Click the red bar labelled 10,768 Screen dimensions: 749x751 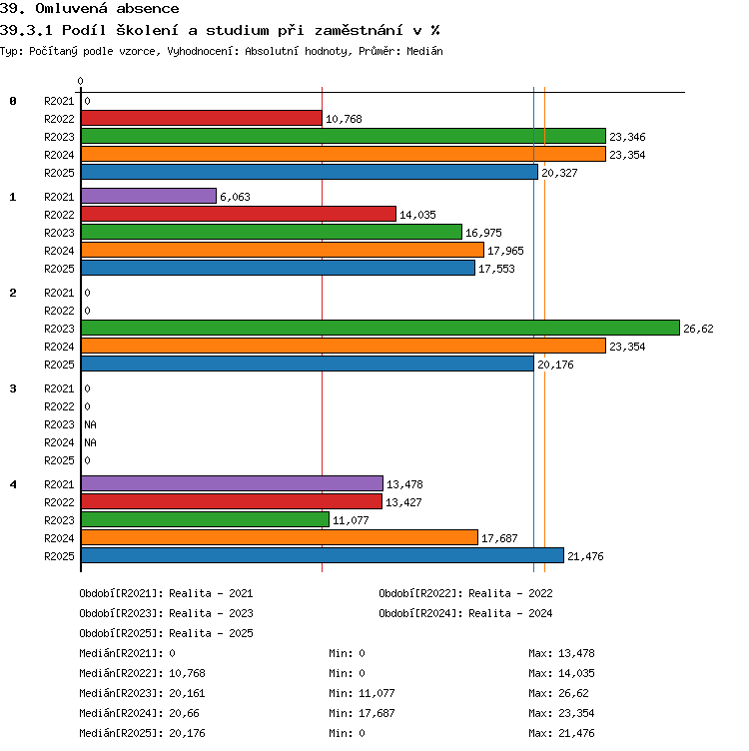click(x=202, y=118)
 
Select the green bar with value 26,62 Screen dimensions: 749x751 click(x=380, y=329)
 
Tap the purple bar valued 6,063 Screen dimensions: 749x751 click(x=149, y=196)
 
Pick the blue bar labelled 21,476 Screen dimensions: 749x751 click(x=323, y=555)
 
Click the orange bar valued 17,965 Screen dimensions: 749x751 click(x=283, y=250)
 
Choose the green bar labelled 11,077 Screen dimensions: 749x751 click(x=206, y=519)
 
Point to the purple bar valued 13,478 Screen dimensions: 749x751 click(x=233, y=483)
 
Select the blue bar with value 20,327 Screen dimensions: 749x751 click(x=310, y=172)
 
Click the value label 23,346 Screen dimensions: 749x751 click(x=627, y=137)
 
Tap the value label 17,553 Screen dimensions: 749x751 click(x=496, y=269)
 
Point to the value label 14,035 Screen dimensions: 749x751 click(x=417, y=215)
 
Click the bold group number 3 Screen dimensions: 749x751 click(x=13, y=388)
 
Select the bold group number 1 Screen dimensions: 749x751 click(x=13, y=197)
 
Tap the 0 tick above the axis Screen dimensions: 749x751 click(x=81, y=81)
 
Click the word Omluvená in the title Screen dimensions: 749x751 click(x=72, y=9)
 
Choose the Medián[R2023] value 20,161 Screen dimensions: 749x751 click(x=188, y=693)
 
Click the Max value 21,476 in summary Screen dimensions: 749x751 click(x=576, y=733)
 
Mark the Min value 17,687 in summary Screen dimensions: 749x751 click(x=376, y=713)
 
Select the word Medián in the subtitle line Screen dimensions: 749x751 click(x=424, y=51)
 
